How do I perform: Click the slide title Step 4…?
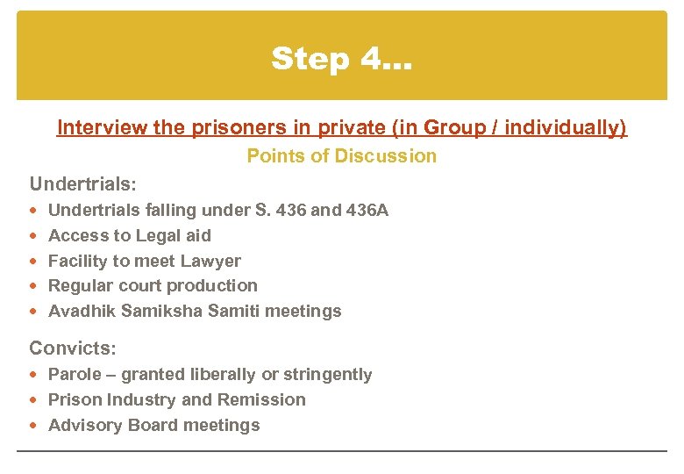point(342,59)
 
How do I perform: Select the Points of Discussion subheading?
point(341,156)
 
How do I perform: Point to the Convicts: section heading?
point(73,348)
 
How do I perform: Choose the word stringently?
point(327,375)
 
